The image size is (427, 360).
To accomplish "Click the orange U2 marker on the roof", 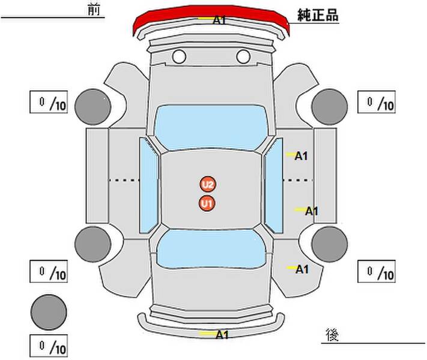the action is (208, 184).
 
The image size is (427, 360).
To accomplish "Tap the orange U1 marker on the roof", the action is (207, 203).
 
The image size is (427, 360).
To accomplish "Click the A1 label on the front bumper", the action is (219, 20).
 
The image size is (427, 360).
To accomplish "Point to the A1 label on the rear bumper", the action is (222, 335).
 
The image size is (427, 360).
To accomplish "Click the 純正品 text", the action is (318, 15).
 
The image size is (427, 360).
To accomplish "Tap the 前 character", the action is (94, 10).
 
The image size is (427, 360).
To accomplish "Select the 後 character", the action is (332, 335).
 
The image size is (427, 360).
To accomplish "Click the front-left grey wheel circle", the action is (93, 107).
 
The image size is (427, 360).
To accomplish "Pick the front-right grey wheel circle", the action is (330, 107).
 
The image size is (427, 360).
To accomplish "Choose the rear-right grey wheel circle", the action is (330, 244).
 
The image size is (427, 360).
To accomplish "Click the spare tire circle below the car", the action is (49, 312).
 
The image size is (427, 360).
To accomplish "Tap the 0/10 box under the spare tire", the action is (49, 346).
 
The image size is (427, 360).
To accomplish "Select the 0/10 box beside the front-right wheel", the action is (377, 102).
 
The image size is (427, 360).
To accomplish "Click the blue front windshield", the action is (211, 127).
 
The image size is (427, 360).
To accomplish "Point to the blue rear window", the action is (211, 248).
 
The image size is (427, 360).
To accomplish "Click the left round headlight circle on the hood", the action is (179, 56).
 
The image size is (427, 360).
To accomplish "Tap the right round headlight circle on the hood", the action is (243, 56).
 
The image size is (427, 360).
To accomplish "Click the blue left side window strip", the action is (149, 185).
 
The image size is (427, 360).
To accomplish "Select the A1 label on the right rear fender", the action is (302, 269).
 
